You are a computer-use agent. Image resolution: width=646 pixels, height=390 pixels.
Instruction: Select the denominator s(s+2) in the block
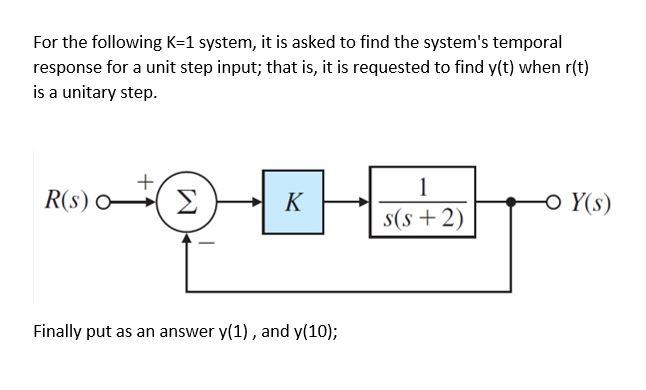click(x=424, y=218)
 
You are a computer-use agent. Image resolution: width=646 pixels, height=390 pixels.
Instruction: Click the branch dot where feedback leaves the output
click(x=512, y=203)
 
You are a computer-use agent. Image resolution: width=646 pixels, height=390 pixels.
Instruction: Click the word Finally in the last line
click(x=59, y=330)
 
